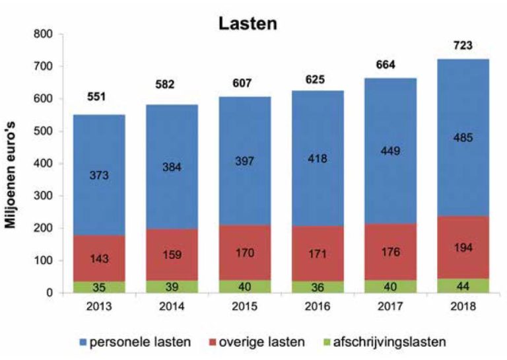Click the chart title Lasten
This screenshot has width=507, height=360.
click(248, 24)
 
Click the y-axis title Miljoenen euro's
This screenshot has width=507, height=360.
click(11, 164)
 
